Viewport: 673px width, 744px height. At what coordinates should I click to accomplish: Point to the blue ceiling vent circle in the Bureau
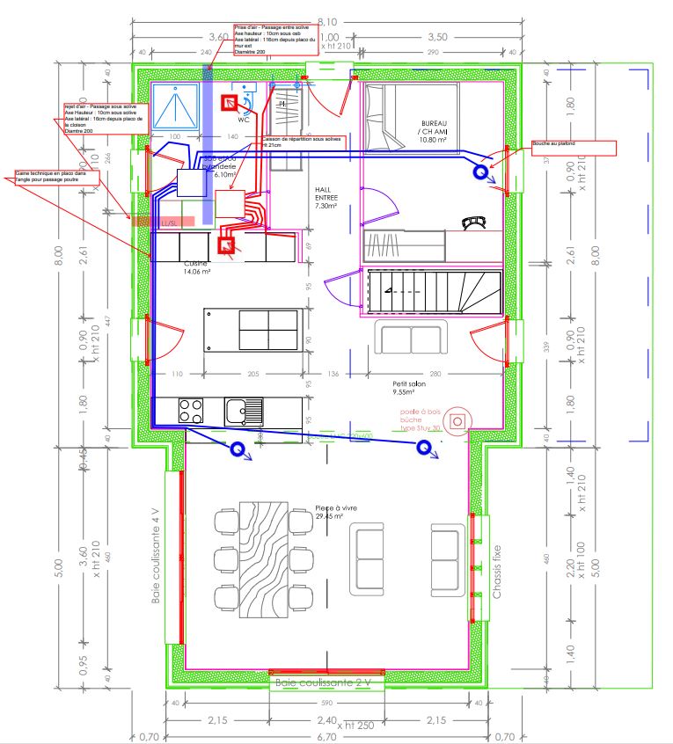481,172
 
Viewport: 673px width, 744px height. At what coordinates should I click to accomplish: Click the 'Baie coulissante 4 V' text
157,556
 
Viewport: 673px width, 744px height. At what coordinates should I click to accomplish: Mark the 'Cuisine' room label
196,267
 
